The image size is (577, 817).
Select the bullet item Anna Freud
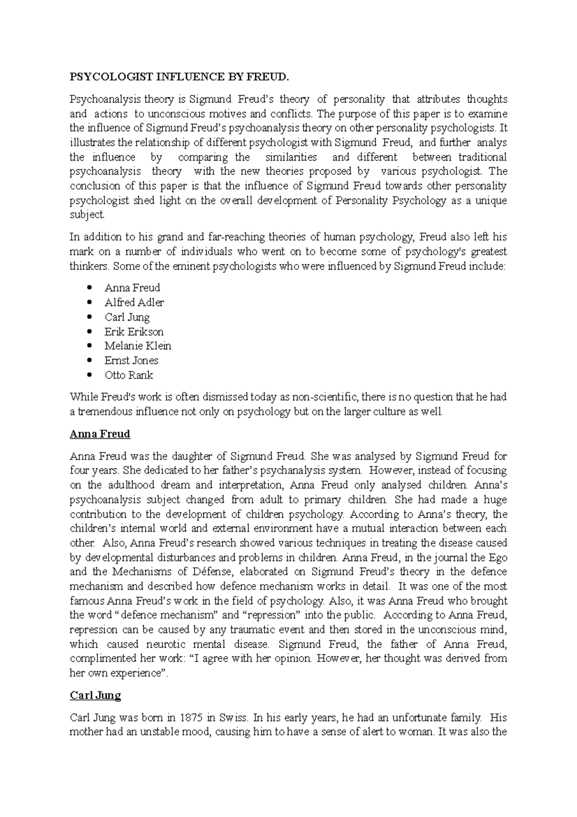tap(132, 288)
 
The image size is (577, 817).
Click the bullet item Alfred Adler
tap(134, 303)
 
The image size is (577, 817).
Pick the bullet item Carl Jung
tap(127, 317)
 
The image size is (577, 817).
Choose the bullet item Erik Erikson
tap(134, 332)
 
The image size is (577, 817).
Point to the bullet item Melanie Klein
tap(138, 346)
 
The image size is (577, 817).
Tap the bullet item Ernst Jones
tap(131, 360)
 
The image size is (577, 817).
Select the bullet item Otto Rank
tap(129, 375)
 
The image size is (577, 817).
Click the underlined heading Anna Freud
tap(100, 434)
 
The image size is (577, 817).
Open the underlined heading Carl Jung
tap(95, 696)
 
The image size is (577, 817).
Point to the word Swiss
tap(234, 718)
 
